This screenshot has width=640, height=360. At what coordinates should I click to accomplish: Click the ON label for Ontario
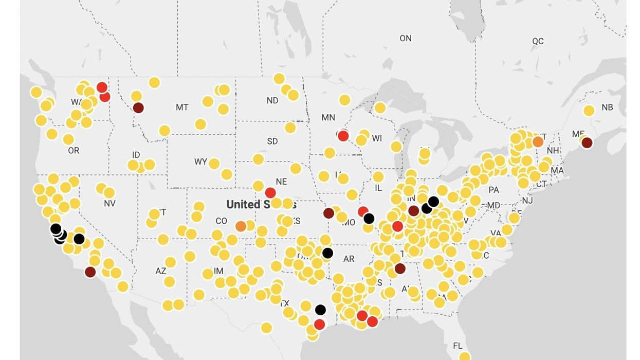pyautogui.click(x=406, y=38)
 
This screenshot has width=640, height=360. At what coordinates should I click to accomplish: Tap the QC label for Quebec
pyautogui.click(x=538, y=41)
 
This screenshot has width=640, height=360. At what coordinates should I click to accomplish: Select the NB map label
pyautogui.click(x=607, y=107)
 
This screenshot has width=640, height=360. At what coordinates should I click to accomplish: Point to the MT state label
pyautogui.click(x=182, y=107)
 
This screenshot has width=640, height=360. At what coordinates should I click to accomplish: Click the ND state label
pyautogui.click(x=272, y=100)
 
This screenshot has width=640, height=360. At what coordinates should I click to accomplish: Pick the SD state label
pyautogui.click(x=272, y=141)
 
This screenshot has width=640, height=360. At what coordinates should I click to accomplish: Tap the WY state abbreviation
pyautogui.click(x=200, y=162)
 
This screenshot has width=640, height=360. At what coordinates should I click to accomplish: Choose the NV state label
pyautogui.click(x=109, y=204)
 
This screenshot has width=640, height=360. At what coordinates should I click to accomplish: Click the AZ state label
pyautogui.click(x=161, y=271)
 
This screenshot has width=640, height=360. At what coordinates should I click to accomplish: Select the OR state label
pyautogui.click(x=74, y=151)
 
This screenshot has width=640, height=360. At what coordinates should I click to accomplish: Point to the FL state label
pyautogui.click(x=458, y=346)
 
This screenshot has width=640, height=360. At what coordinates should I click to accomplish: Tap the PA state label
pyautogui.click(x=493, y=190)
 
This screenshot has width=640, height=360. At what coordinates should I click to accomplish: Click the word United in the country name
pyautogui.click(x=243, y=204)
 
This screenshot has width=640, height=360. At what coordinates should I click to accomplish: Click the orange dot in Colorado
pyautogui.click(x=241, y=226)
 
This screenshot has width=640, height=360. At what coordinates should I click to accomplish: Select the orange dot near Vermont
pyautogui.click(x=538, y=141)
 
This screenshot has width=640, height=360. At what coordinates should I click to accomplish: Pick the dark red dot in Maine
pyautogui.click(x=587, y=142)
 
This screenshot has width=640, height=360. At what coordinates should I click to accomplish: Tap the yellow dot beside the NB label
pyautogui.click(x=589, y=110)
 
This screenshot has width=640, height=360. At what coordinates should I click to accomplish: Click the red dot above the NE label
pyautogui.click(x=270, y=193)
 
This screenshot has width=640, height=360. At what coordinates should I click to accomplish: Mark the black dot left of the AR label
pyautogui.click(x=327, y=253)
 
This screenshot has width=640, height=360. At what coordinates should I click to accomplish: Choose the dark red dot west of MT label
pyautogui.click(x=138, y=107)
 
